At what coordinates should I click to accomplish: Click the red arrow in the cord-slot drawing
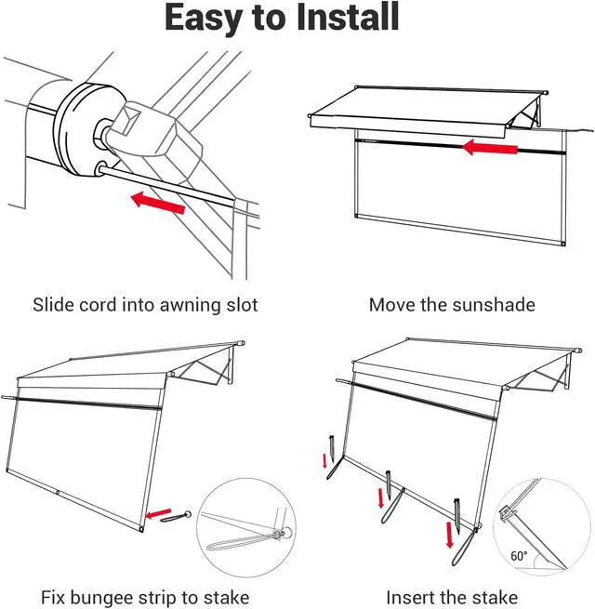click(157, 201)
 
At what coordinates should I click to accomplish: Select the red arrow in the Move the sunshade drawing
click(490, 147)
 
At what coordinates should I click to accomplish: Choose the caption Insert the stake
click(452, 597)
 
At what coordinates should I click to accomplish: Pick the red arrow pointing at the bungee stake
click(160, 511)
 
